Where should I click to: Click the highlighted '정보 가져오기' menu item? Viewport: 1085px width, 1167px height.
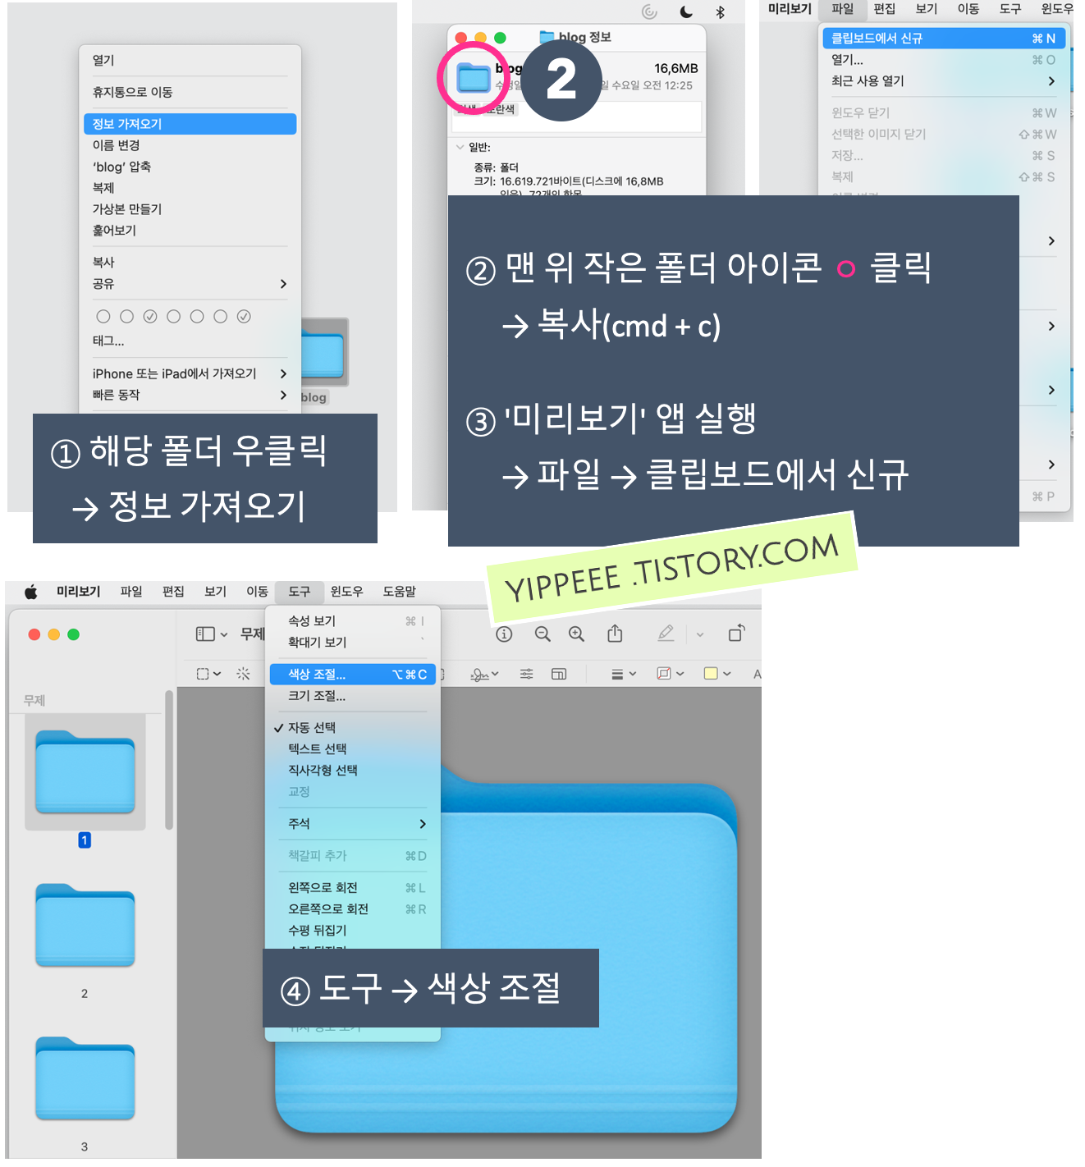point(190,124)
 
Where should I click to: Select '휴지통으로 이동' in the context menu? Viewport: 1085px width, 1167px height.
point(133,92)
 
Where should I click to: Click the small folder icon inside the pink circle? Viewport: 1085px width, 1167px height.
point(474,78)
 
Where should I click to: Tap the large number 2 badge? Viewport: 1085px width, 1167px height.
point(561,80)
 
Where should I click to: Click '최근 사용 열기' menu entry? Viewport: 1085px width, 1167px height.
point(868,81)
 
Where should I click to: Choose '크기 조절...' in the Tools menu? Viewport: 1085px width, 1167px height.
point(317,696)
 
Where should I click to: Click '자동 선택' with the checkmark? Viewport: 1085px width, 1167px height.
point(312,728)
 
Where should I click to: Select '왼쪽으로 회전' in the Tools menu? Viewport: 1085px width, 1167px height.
point(323,888)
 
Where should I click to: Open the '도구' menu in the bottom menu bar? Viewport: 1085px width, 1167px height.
point(300,592)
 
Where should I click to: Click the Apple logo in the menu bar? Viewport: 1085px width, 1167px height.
point(31,592)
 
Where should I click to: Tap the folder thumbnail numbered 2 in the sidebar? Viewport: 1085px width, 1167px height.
point(85,926)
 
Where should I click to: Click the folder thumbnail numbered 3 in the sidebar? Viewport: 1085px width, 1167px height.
point(85,1079)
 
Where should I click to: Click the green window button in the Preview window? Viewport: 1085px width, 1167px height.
point(74,634)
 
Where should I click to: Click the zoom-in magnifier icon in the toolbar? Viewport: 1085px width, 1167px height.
point(577,634)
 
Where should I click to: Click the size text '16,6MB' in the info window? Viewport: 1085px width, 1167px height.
point(675,69)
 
